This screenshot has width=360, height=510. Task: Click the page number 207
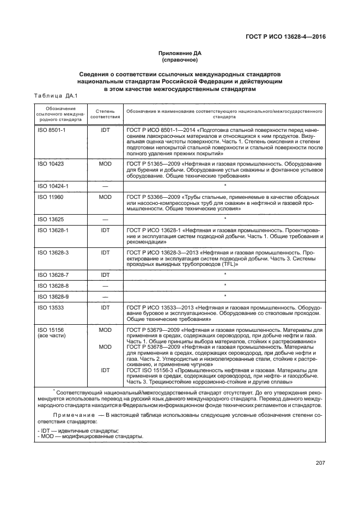point(320,463)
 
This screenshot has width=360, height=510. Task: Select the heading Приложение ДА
point(180,53)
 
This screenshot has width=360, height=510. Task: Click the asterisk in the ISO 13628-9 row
point(225,296)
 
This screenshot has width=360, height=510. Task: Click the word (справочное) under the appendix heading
point(180,60)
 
